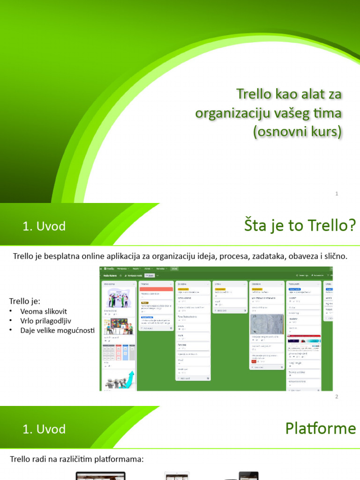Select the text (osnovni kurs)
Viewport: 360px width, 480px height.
[297, 132]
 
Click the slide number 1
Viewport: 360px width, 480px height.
[337, 194]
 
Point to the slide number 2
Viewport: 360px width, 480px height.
[337, 397]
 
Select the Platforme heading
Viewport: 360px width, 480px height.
[321, 428]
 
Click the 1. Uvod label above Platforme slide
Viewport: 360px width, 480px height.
[44, 429]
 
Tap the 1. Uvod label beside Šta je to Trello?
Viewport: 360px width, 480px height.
[44, 226]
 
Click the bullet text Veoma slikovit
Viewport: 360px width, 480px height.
[44, 311]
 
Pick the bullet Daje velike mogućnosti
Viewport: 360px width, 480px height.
[57, 330]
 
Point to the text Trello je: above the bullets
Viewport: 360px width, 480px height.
[25, 301]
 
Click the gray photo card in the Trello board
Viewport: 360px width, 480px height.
[267, 324]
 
